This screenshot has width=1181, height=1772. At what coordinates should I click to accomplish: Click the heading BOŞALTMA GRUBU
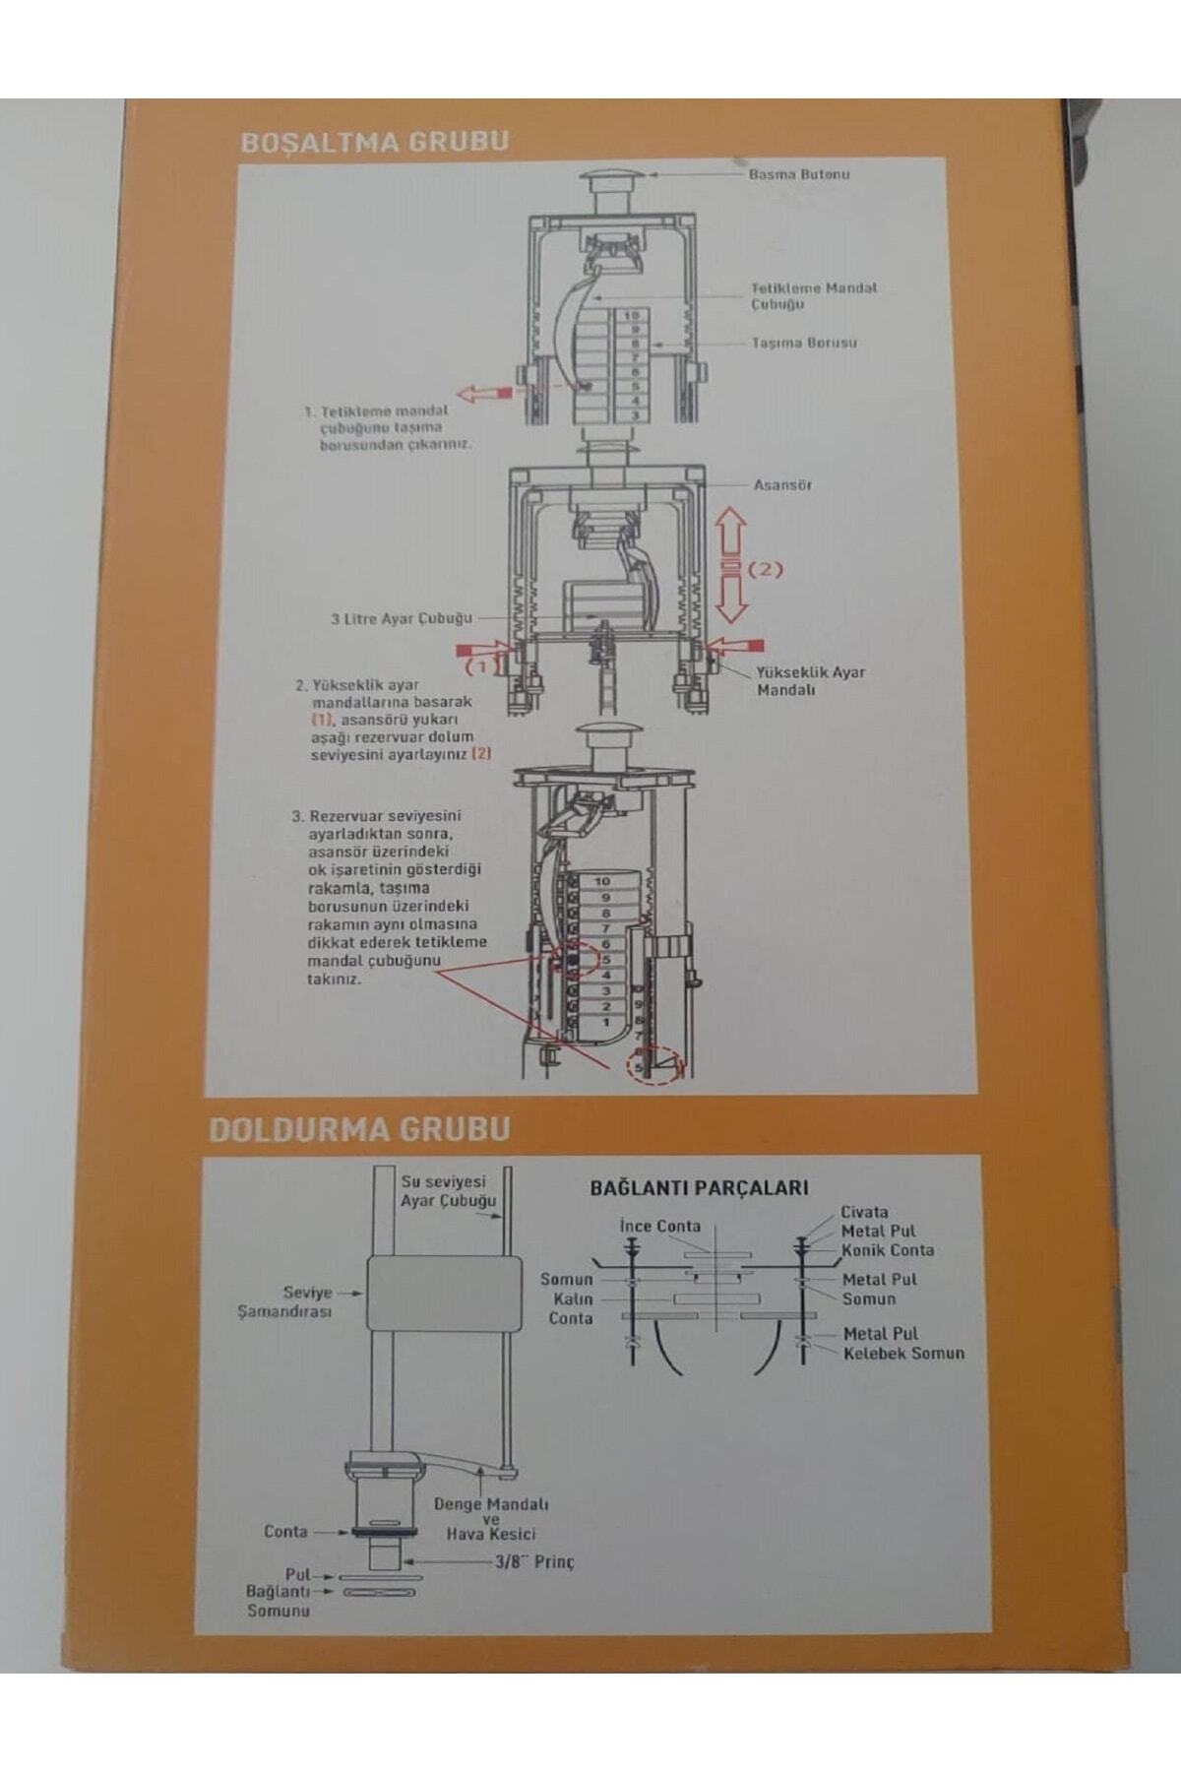375,142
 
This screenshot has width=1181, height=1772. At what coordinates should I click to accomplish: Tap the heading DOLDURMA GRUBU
359,1129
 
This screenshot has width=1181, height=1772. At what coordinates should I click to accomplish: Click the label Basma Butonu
798,174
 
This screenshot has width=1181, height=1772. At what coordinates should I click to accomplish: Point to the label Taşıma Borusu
804,343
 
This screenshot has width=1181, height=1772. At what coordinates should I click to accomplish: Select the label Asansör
782,485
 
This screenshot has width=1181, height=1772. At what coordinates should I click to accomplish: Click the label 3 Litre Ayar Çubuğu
402,619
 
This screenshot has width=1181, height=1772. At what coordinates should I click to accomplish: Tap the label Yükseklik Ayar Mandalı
810,680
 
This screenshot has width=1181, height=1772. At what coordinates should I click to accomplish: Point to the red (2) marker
766,569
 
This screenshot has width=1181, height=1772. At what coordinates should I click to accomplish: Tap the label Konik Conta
888,1250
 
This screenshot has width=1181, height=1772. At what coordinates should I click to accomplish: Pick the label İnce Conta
660,1226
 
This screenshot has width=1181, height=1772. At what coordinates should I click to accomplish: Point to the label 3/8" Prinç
533,1561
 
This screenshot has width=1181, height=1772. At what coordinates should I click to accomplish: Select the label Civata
864,1212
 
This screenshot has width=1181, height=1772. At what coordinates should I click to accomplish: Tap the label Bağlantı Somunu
279,1601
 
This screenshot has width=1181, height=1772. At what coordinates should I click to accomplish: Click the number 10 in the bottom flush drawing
602,881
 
